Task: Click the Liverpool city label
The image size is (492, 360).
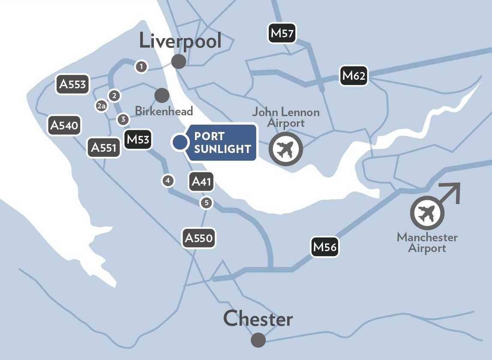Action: tap(180, 41)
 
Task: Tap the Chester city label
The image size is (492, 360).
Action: tap(258, 319)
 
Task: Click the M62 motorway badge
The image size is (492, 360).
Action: tap(354, 76)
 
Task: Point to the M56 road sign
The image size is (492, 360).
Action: tap(325, 247)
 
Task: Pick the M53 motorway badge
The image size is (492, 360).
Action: tap(138, 139)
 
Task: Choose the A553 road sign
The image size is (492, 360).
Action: tap(72, 84)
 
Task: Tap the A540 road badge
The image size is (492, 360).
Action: tap(64, 125)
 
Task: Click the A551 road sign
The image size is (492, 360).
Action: tap(104, 148)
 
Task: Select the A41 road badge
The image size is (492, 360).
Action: tap(201, 182)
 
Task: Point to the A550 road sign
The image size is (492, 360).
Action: tap(199, 238)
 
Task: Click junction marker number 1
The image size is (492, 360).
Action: tap(141, 66)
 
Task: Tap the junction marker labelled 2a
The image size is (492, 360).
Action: tap(101, 106)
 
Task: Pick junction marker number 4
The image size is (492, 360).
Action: tap(168, 181)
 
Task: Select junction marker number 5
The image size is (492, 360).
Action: tap(207, 203)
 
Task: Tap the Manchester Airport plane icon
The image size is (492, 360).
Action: tap(427, 213)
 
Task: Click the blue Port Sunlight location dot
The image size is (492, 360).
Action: tap(180, 142)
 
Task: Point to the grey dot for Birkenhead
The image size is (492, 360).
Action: tap(162, 95)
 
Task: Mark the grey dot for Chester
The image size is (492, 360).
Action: tap(258, 340)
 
